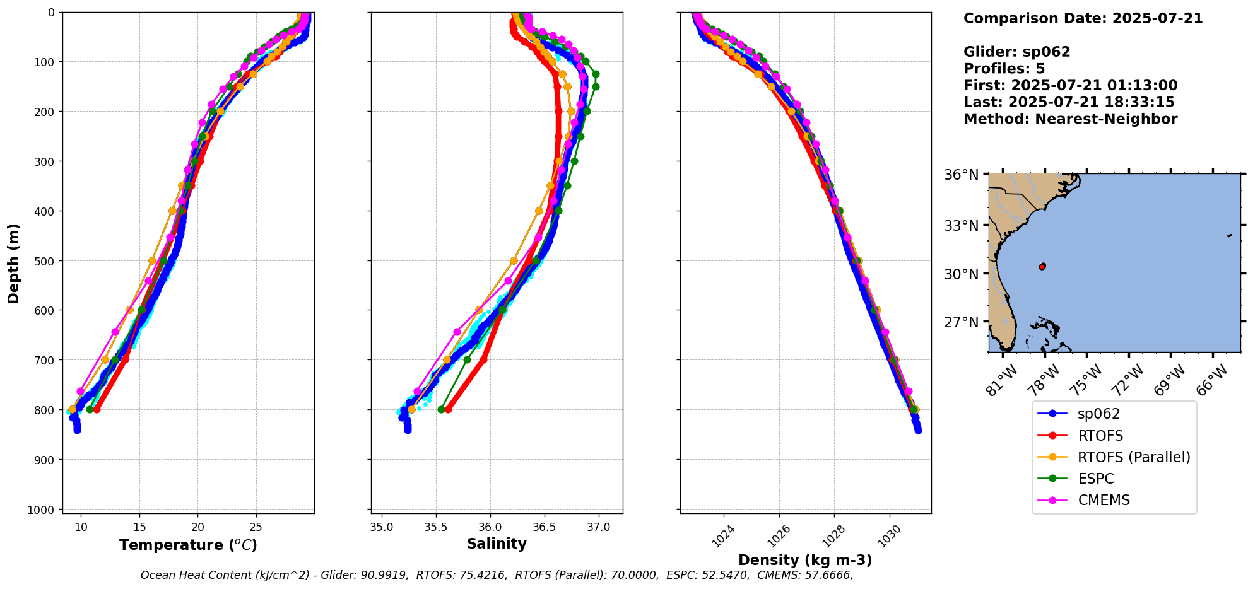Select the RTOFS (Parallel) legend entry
tap(1133, 457)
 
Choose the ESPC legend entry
tap(1095, 479)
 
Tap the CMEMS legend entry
tap(1104, 500)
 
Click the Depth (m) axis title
tap(14, 263)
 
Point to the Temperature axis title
tap(188, 545)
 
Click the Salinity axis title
tap(497, 544)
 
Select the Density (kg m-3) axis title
tap(805, 560)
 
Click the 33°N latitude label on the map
tap(961, 225)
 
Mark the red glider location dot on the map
tap(1042, 267)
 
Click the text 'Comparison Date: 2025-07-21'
tap(1083, 18)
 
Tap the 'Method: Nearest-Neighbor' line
tap(1070, 119)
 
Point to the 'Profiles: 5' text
tap(1004, 69)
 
